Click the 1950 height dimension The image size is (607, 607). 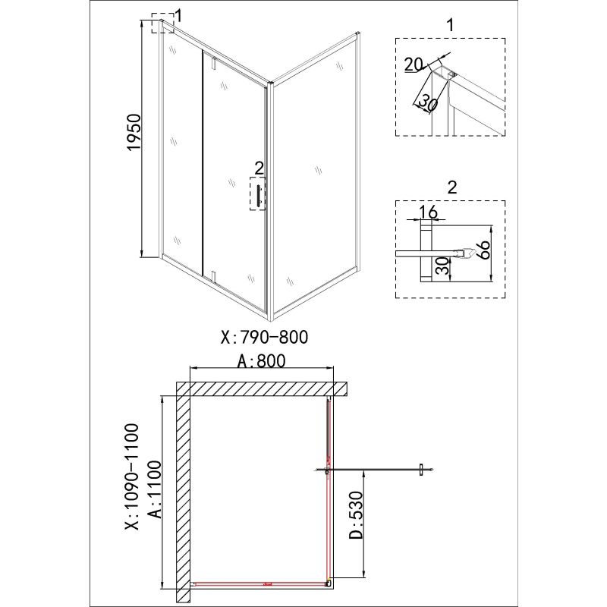(x=134, y=134)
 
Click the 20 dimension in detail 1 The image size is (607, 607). (x=414, y=65)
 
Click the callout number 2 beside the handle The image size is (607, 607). (x=259, y=167)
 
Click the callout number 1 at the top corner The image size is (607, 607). (x=178, y=14)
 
